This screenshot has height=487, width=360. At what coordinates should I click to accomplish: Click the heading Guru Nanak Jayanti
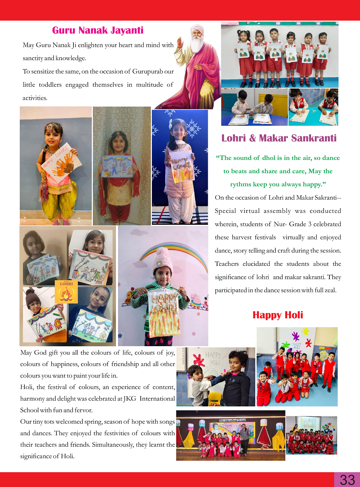pos(98,30)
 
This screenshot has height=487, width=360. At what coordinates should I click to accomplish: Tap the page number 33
pos(347,480)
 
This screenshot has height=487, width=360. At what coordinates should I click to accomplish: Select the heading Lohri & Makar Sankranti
pos(279,138)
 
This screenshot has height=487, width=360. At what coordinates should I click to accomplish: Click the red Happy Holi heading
pos(278,315)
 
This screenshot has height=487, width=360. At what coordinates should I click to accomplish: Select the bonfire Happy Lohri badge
pos(66,291)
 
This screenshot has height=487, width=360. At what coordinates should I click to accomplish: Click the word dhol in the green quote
pos(269,158)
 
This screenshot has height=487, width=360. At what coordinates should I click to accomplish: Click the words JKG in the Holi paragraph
pos(130,399)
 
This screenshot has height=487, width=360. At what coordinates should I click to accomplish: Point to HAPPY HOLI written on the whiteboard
pos(213,358)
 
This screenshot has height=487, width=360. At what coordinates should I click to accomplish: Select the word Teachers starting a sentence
pos(227,264)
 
